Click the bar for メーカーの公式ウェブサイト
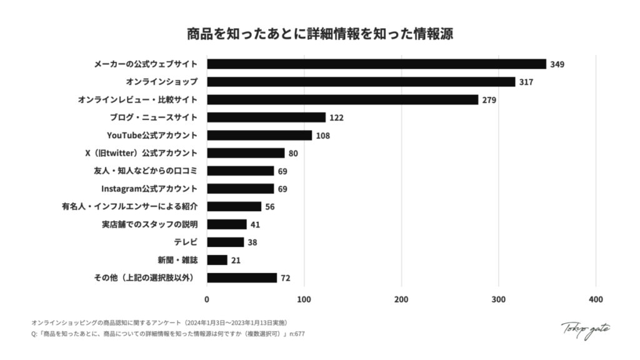pyautogui.click(x=376, y=64)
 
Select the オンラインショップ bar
pyautogui.click(x=361, y=82)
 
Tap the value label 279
pyautogui.click(x=488, y=99)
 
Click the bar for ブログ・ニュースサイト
pyautogui.click(x=266, y=117)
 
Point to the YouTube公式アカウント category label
pyautogui.click(x=153, y=135)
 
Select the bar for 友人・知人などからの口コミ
pyautogui.click(x=241, y=171)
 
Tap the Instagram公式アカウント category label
pyautogui.click(x=149, y=188)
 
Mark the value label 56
pyautogui.click(x=270, y=206)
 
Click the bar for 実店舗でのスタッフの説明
pyautogui.click(x=227, y=224)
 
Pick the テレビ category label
pyautogui.click(x=186, y=242)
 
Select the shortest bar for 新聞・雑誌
pyautogui.click(x=217, y=259)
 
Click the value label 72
pyautogui.click(x=285, y=277)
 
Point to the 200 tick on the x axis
pyautogui.click(x=401, y=299)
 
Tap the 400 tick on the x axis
pyautogui.click(x=596, y=299)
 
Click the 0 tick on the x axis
pyautogui.click(x=207, y=299)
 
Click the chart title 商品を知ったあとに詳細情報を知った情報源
pyautogui.click(x=320, y=33)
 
